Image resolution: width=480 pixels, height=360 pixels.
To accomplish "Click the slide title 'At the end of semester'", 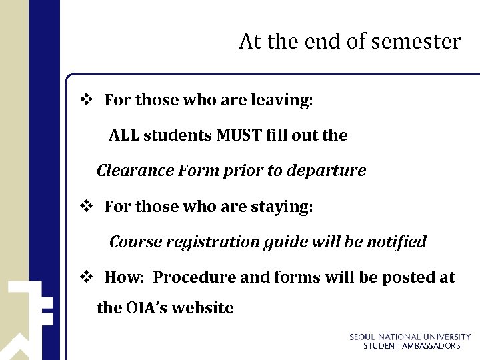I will tap(349, 42).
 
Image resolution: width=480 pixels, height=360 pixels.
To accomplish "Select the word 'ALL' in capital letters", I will tap(124, 135).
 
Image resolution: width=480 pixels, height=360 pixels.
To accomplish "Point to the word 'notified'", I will tap(395, 242).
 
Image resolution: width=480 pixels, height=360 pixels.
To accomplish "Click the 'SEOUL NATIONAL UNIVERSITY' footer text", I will tap(410, 337).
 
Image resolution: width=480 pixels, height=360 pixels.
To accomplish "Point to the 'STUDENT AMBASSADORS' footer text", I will tap(411, 346).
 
